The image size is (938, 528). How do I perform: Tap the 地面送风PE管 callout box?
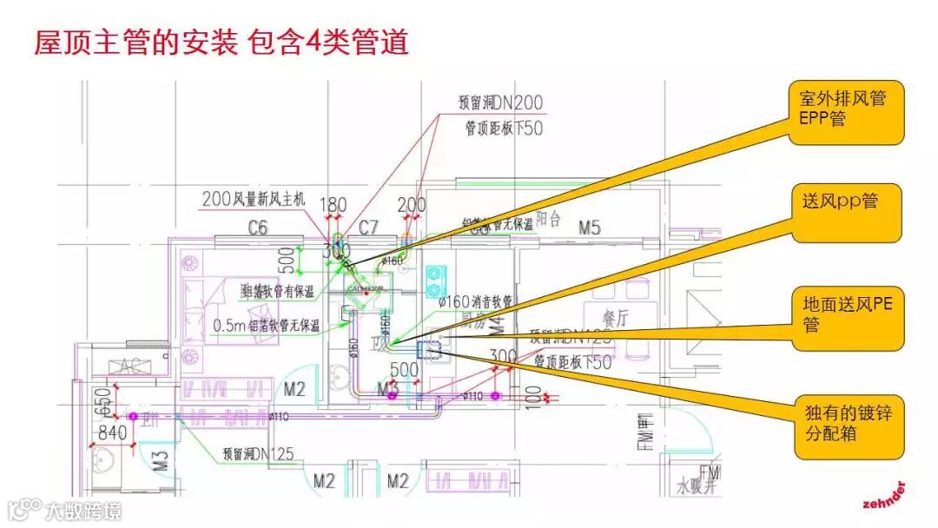848,313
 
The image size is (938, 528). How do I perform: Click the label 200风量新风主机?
254,199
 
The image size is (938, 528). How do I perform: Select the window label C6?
258,228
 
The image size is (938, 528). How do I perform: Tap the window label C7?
369,228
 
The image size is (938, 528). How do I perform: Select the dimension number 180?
334,206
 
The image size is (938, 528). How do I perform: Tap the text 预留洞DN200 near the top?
501,102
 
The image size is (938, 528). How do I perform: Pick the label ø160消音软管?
475,301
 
